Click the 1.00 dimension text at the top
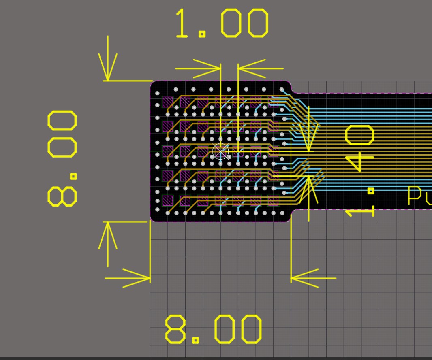pyautogui.click(x=222, y=24)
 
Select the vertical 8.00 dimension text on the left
pyautogui.click(x=62, y=158)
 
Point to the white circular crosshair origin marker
pyautogui.click(x=220, y=152)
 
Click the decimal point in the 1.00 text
pyautogui.click(x=201, y=34)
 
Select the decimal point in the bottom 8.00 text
pyautogui.click(x=195, y=340)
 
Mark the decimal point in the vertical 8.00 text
pyautogui.click(x=73, y=176)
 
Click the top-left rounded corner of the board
pyautogui.click(x=153, y=84)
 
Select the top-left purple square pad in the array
pyautogui.click(x=167, y=102)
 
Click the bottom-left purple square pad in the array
pyautogui.click(x=167, y=200)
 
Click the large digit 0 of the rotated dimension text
pyautogui.click(x=359, y=135)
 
